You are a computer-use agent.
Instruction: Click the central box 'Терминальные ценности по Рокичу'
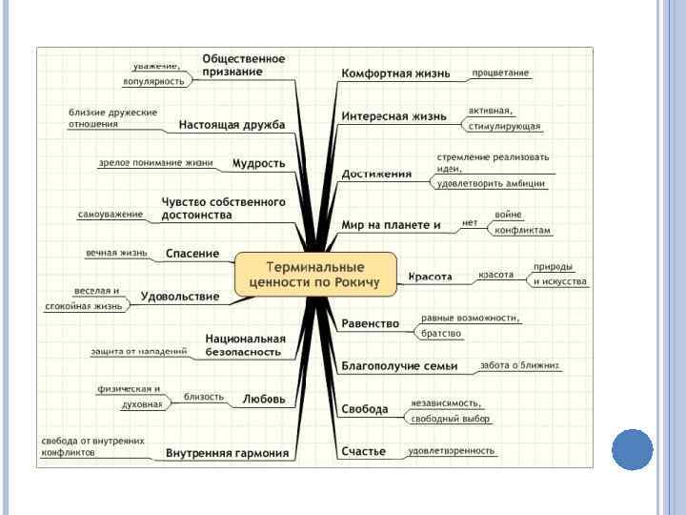pyautogui.click(x=314, y=274)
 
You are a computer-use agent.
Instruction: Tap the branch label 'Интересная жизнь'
pyautogui.click(x=393, y=116)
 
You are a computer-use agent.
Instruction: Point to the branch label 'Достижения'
pyautogui.click(x=376, y=175)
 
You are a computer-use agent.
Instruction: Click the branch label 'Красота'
pyautogui.click(x=430, y=278)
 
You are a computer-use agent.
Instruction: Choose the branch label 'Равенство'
pyautogui.click(x=370, y=323)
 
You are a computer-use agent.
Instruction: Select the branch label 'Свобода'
pyautogui.click(x=365, y=409)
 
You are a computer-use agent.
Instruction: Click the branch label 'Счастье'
pyautogui.click(x=364, y=451)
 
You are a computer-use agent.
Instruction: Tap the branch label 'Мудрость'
pyautogui.click(x=258, y=163)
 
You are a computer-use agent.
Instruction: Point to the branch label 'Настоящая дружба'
pyautogui.click(x=232, y=125)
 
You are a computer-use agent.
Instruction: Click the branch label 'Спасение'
pyautogui.click(x=192, y=254)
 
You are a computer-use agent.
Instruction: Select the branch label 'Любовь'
pyautogui.click(x=264, y=399)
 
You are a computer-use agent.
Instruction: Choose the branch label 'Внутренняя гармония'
pyautogui.click(x=227, y=453)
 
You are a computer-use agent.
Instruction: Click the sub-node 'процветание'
pyautogui.click(x=501, y=72)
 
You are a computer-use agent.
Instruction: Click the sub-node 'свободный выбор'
pyautogui.click(x=450, y=419)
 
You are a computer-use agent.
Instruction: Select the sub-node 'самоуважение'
pyautogui.click(x=111, y=215)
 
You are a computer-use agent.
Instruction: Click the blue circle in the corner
pyautogui.click(x=632, y=449)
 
